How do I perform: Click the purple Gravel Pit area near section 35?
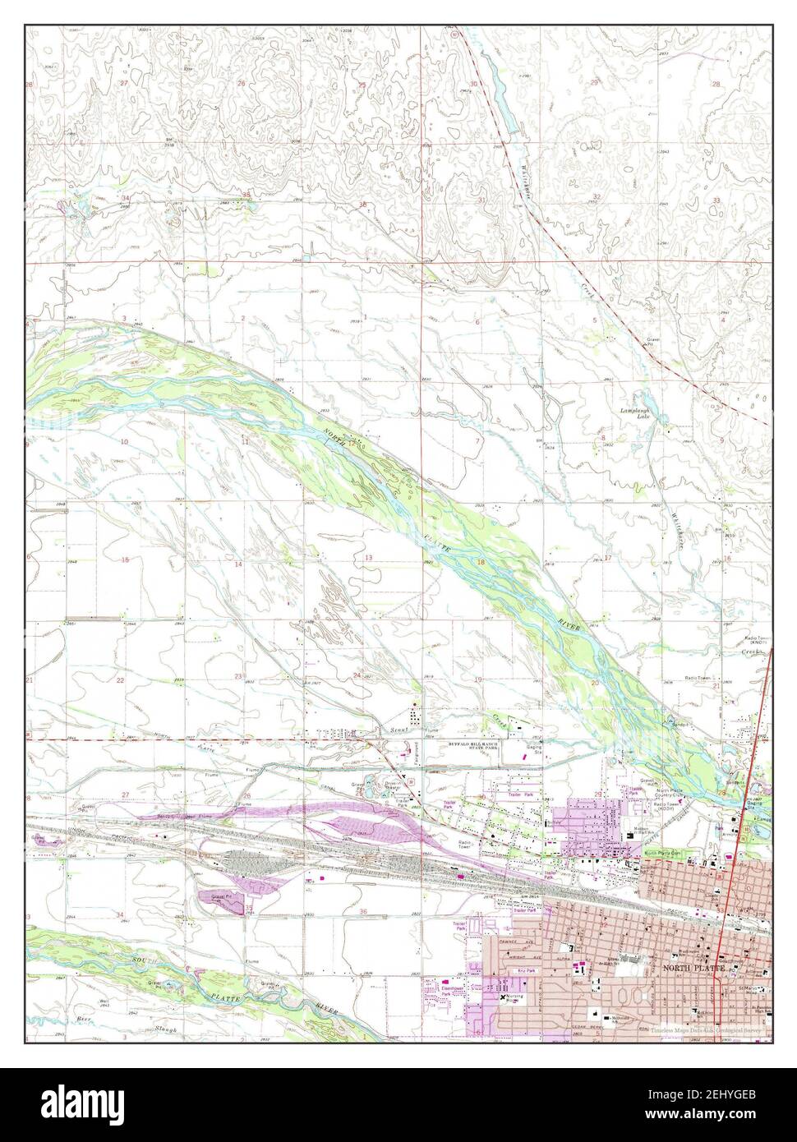(226, 896)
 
